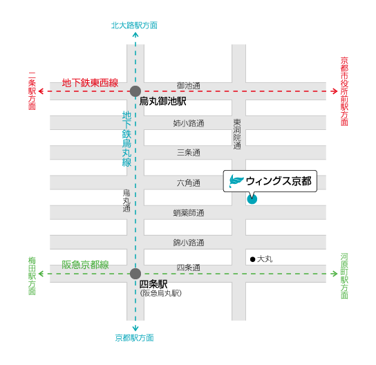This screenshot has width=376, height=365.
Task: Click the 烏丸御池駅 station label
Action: point(162,101)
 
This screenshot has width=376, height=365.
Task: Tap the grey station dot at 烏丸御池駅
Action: point(135,91)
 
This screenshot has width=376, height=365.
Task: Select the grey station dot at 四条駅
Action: point(135,274)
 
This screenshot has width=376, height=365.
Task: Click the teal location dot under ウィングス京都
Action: point(252,199)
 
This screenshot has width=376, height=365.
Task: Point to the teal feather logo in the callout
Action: point(236,180)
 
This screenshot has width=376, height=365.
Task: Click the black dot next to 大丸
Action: point(252,259)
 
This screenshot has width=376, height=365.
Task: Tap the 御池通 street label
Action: point(189,86)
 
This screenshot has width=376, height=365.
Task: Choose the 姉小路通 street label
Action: point(189,123)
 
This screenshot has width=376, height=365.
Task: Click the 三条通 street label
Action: point(189,153)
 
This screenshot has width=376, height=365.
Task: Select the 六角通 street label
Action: point(189,183)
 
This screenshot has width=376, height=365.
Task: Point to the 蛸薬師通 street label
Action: point(189,213)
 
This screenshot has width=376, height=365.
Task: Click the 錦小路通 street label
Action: point(189,243)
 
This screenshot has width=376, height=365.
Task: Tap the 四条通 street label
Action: point(189,268)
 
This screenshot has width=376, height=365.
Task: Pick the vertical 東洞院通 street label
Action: point(237,134)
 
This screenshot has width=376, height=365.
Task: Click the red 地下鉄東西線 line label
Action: point(90,83)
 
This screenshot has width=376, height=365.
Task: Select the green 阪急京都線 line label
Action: point(85,265)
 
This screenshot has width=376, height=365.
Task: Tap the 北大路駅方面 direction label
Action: point(134,26)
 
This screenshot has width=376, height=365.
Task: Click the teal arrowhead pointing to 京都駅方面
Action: point(135,328)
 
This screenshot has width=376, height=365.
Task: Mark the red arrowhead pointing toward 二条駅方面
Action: point(41,91)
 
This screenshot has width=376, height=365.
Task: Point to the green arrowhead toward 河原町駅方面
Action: point(335,274)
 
